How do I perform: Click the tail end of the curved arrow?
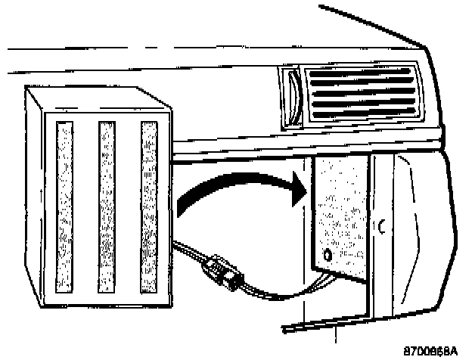[182, 208]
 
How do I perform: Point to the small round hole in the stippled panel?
[327, 253]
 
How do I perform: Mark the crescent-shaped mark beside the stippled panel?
[382, 225]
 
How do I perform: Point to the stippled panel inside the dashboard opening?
[340, 212]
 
